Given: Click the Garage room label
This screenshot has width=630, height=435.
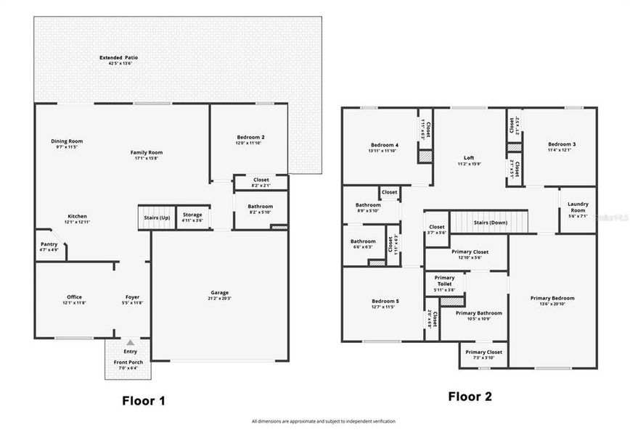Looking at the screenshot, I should click(x=218, y=293).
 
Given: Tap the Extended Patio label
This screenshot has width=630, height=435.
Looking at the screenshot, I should click(x=120, y=57).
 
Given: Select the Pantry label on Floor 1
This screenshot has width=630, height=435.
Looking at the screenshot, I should click(x=49, y=244).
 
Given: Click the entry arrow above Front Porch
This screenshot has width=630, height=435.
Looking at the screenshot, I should click(x=130, y=342).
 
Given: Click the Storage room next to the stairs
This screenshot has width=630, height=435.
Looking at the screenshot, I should click(x=192, y=215).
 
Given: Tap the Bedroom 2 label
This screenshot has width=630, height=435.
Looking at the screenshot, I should click(x=250, y=137).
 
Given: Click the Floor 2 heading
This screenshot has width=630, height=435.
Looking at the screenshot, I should click(x=470, y=396).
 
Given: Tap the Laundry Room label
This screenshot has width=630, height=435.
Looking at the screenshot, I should click(x=578, y=207).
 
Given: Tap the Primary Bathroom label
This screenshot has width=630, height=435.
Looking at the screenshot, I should click(x=475, y=313).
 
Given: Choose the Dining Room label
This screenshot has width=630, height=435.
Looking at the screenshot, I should click(x=67, y=141).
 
